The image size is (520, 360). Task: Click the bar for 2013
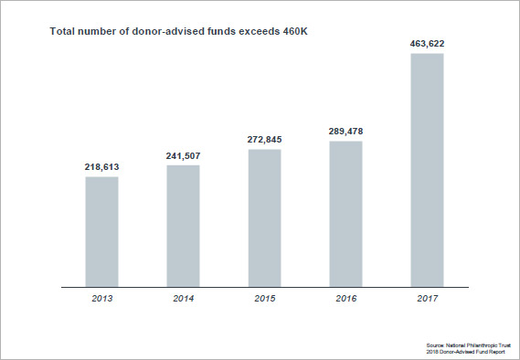click(101, 231)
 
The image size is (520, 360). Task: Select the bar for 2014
click(183, 226)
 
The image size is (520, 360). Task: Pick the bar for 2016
click(345, 214)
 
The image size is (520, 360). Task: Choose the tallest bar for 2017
click(427, 170)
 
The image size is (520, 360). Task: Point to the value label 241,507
click(183, 156)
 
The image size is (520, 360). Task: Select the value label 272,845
click(264, 141)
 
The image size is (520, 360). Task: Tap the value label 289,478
click(345, 132)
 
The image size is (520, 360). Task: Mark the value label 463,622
click(427, 43)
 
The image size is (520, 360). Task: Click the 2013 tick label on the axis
click(101, 300)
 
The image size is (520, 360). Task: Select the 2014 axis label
click(183, 300)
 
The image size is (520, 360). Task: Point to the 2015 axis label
click(264, 300)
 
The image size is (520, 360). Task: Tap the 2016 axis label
click(345, 300)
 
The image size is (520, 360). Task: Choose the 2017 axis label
click(427, 300)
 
